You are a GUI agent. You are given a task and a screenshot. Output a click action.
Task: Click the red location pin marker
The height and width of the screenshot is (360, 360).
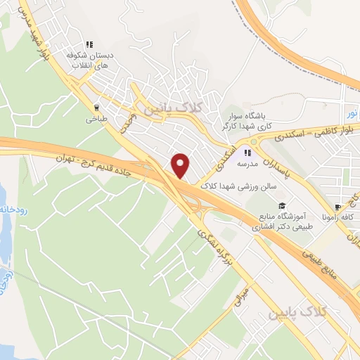181,165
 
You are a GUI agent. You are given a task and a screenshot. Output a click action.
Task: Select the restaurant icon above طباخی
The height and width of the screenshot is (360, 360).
96,108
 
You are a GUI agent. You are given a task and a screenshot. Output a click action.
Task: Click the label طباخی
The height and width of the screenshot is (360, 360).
96,120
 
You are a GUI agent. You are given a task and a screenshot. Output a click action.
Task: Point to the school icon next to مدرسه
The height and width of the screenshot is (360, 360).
247,152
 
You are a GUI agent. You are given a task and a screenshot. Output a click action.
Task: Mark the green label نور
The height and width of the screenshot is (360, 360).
352,112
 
